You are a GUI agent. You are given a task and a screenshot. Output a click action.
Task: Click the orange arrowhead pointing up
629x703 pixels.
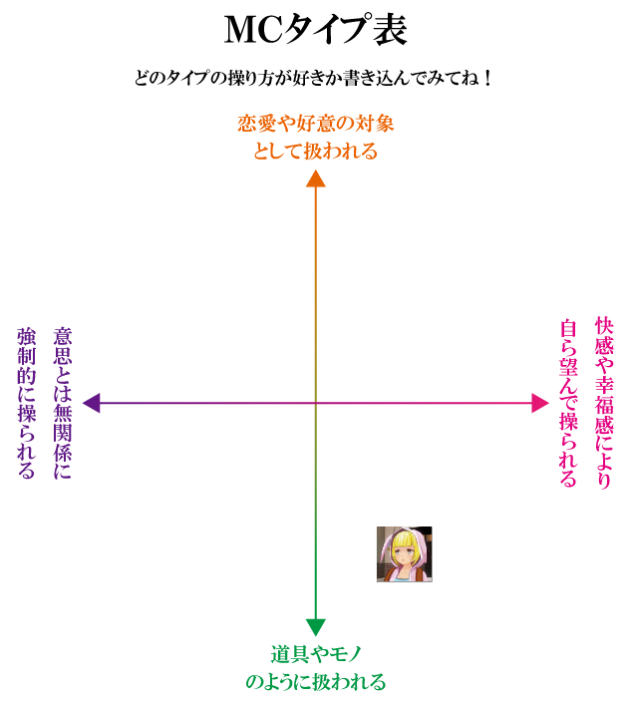(316, 178)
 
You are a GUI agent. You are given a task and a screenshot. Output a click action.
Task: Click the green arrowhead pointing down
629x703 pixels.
(316, 627)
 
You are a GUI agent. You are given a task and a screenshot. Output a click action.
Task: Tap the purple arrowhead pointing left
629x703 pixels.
(92, 403)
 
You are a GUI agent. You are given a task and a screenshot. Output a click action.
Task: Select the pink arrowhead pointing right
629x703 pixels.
(539, 403)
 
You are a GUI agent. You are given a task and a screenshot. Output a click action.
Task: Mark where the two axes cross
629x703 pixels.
(316, 403)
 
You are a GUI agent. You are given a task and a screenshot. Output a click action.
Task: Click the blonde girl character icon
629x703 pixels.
(404, 553)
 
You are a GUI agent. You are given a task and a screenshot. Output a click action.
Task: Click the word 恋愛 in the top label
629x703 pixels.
(255, 124)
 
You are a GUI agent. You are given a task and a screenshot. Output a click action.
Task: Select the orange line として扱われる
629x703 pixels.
(315, 152)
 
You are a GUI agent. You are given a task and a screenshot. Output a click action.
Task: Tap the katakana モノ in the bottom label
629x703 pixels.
(344, 654)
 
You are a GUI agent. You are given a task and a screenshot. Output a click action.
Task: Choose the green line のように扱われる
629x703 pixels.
(315, 682)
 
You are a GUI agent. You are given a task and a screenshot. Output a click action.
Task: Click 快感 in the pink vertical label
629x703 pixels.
(603, 336)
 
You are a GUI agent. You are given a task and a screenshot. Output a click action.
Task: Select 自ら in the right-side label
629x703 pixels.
(568, 337)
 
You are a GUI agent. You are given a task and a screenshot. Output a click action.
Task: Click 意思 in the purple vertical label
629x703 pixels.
(62, 345)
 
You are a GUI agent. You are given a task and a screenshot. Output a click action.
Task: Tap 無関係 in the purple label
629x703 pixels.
(62, 425)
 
